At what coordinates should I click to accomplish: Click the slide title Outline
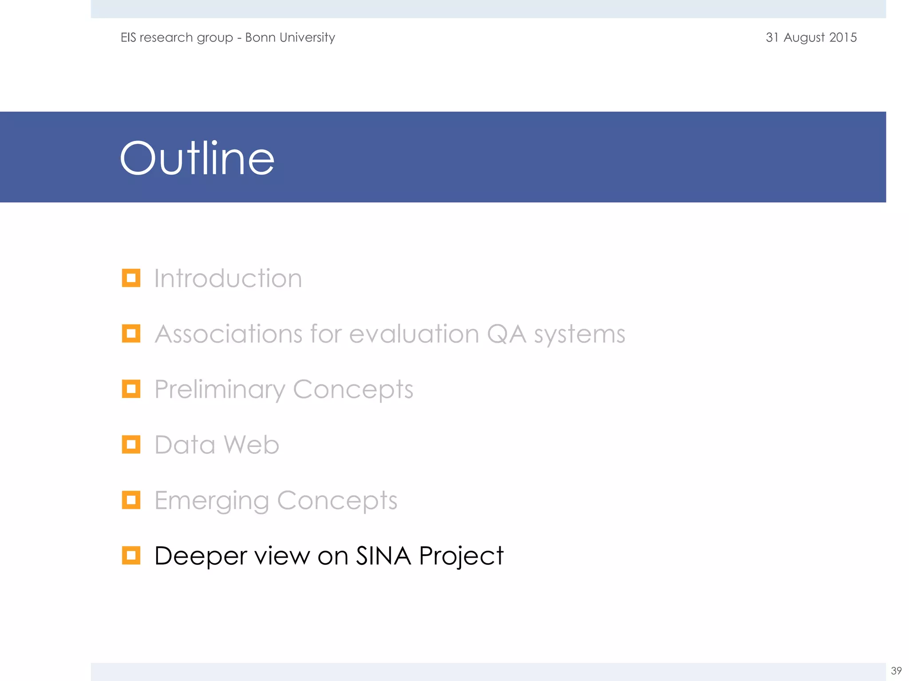click(197, 158)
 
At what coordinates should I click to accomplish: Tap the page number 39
click(896, 670)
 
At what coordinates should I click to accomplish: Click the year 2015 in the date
click(842, 37)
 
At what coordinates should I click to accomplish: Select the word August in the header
click(804, 38)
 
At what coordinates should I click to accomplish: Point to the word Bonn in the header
click(260, 37)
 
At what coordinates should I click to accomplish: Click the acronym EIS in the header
click(128, 37)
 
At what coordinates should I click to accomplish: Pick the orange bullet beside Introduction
click(131, 278)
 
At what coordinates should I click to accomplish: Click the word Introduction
click(228, 278)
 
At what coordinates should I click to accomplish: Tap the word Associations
click(228, 334)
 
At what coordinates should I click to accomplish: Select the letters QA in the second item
click(506, 334)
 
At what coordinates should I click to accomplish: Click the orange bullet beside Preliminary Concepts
click(131, 389)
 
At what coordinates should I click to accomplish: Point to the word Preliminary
click(219, 390)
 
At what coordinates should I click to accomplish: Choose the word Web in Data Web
click(251, 445)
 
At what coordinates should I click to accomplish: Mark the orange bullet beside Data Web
click(131, 444)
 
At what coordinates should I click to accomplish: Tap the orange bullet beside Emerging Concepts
click(131, 500)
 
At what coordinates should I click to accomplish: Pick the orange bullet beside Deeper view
click(131, 555)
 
